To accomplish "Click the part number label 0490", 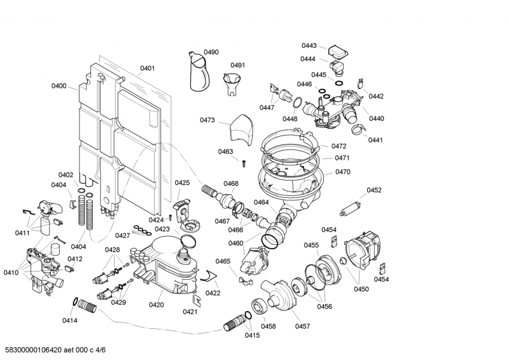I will pyautogui.click(x=211, y=52).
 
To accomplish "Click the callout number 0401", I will pyautogui.click(x=148, y=68).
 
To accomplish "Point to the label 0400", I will pyautogui.click(x=59, y=86).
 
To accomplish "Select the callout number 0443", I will pyautogui.click(x=309, y=46).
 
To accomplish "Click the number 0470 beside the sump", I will pyautogui.click(x=343, y=172).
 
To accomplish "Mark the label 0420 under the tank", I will pyautogui.click(x=157, y=305).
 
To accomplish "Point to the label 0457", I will pyautogui.click(x=302, y=326).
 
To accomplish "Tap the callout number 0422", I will pyautogui.click(x=213, y=293).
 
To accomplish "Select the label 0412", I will pyautogui.click(x=75, y=259).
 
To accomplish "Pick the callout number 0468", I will pyautogui.click(x=230, y=184).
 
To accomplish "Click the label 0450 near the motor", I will pyautogui.click(x=361, y=289).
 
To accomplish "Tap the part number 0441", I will pyautogui.click(x=375, y=140).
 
